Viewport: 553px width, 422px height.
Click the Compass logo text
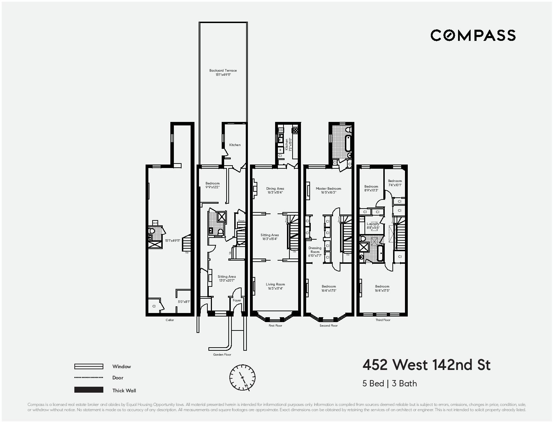pyautogui.click(x=473, y=35)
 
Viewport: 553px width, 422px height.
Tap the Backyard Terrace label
pyautogui.click(x=223, y=71)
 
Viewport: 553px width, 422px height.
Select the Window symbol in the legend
pyautogui.click(x=89, y=366)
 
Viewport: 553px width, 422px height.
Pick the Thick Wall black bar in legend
pyautogui.click(x=89, y=390)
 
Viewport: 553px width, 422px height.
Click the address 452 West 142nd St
pyautogui.click(x=426, y=365)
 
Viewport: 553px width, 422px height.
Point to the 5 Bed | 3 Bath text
pyautogui.click(x=390, y=384)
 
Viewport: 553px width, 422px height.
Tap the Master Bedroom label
pyautogui.click(x=328, y=189)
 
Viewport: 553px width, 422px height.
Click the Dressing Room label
pyautogui.click(x=315, y=250)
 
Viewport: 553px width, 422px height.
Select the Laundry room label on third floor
pyautogui.click(x=373, y=224)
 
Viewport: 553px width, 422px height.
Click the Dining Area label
pyautogui.click(x=275, y=189)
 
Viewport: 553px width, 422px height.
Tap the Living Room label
pyautogui.click(x=275, y=284)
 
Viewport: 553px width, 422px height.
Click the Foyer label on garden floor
pyautogui.click(x=237, y=300)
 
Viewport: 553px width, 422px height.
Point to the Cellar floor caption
pyautogui.click(x=170, y=320)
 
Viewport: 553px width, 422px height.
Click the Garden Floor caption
pyautogui.click(x=222, y=355)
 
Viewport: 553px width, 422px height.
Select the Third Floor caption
pyautogui.click(x=383, y=320)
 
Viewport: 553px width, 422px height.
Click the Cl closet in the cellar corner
pyautogui.click(x=154, y=306)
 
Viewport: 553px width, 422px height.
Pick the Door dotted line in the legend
pyautogui.click(x=89, y=378)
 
